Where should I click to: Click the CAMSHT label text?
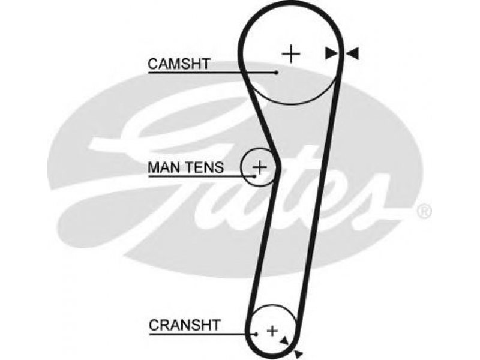[x=179, y=64]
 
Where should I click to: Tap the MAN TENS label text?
[x=186, y=167]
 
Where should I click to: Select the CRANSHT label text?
[x=185, y=325]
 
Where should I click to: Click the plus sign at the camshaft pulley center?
[x=291, y=54]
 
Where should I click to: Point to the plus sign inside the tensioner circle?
[x=260, y=167]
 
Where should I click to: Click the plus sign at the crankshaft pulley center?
[x=272, y=331]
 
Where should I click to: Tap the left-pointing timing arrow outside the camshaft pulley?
[x=352, y=53]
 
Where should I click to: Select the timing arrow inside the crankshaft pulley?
[x=284, y=341]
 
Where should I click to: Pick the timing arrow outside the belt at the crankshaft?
[x=298, y=354]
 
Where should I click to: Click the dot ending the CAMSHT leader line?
[x=277, y=73]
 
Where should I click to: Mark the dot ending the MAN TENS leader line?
[x=254, y=176]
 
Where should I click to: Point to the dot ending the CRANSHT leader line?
[x=256, y=334]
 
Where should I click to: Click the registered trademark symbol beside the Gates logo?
[x=424, y=212]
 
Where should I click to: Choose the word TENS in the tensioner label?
[x=205, y=167]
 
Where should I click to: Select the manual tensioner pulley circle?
[x=242, y=167]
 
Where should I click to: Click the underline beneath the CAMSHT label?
[x=212, y=73]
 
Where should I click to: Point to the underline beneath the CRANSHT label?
[x=202, y=334]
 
